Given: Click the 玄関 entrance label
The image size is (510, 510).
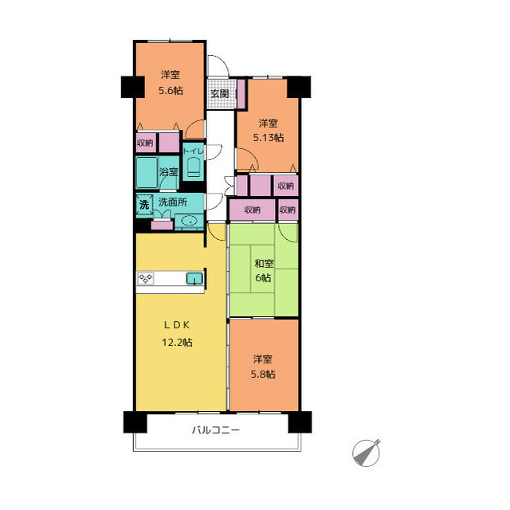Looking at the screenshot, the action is click(x=220, y=94).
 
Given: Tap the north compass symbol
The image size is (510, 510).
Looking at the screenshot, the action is click(x=367, y=453).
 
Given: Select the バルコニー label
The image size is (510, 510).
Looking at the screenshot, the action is click(x=216, y=430).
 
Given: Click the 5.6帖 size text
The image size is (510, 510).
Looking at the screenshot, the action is click(x=171, y=90).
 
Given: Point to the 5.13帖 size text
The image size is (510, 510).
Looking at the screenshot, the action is click(x=269, y=138).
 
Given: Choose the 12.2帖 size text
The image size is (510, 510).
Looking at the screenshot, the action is click(x=177, y=342).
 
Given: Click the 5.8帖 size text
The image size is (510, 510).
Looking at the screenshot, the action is click(x=263, y=374).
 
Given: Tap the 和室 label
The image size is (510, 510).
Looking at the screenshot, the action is click(x=264, y=263).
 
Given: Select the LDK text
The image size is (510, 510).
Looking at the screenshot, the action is click(x=177, y=324).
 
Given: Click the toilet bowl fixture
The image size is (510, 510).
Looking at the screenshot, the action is click(x=194, y=167).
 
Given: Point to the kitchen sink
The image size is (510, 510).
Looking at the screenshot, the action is click(x=194, y=278).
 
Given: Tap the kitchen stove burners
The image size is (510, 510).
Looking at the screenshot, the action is click(x=146, y=278).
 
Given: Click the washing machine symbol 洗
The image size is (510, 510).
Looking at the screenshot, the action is click(x=144, y=205).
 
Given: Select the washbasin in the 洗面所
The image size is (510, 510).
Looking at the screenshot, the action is click(x=190, y=222).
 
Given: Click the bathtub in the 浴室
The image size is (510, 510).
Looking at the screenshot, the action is click(x=147, y=173).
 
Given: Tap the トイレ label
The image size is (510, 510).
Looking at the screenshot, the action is click(x=193, y=151).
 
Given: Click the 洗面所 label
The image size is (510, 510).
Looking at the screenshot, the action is click(x=173, y=202).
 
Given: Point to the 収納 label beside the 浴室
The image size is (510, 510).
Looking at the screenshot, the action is click(x=145, y=143).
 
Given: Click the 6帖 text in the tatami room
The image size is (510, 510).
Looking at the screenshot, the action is click(x=263, y=278).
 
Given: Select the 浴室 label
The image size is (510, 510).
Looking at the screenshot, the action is click(x=169, y=172).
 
